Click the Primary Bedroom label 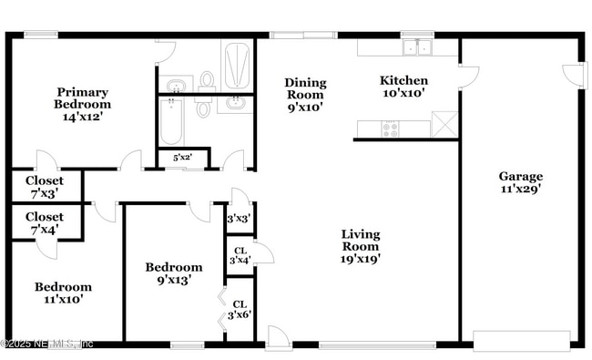(x=82, y=98)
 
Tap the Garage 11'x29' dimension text (x=521, y=189)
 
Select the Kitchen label (x=403, y=80)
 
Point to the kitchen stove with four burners (x=390, y=129)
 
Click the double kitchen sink (x=417, y=47)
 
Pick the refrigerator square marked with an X (x=444, y=124)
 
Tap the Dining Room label (x=305, y=88)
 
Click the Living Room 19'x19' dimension (x=360, y=259)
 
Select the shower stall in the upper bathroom (x=237, y=66)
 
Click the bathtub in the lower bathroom (x=171, y=121)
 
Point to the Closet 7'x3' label (x=45, y=187)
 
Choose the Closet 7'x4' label (x=45, y=223)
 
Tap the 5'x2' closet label (x=183, y=157)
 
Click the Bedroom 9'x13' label (x=174, y=273)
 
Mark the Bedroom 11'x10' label (x=63, y=293)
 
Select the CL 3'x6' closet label (x=240, y=309)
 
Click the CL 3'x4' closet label (x=240, y=256)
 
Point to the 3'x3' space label (x=239, y=219)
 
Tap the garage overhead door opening (x=522, y=341)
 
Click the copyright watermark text (x=46, y=345)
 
